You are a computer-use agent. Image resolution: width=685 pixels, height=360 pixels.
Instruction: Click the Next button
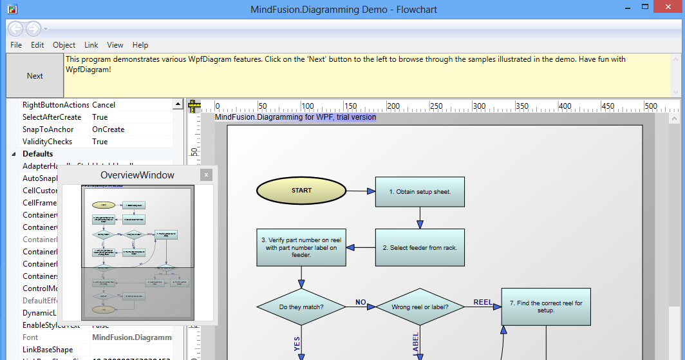35,76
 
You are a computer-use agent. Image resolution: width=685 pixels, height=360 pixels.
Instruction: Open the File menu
16,45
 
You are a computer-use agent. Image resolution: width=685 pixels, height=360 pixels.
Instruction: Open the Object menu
64,45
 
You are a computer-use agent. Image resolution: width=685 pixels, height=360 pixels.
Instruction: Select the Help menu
140,45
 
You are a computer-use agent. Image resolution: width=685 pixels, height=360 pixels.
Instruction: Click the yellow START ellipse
301,191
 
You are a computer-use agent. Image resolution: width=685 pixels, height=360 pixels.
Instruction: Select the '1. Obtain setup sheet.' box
420,192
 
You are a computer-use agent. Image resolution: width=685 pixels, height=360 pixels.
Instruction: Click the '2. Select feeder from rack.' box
420,248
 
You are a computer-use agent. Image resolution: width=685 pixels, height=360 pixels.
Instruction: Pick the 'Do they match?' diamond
301,307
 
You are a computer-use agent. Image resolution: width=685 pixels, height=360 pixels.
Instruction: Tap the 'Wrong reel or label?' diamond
420,307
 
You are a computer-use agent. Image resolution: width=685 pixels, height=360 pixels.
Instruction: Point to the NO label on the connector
361,302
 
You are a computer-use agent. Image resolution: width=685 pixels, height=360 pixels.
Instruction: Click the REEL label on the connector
483,302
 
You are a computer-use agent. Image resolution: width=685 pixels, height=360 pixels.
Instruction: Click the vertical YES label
297,343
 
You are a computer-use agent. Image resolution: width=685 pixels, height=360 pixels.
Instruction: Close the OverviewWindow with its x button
206,175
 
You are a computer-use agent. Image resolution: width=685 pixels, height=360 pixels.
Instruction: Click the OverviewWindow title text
137,175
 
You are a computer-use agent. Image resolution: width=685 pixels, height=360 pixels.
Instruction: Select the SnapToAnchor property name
48,129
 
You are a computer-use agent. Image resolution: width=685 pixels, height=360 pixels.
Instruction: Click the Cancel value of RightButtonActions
104,105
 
